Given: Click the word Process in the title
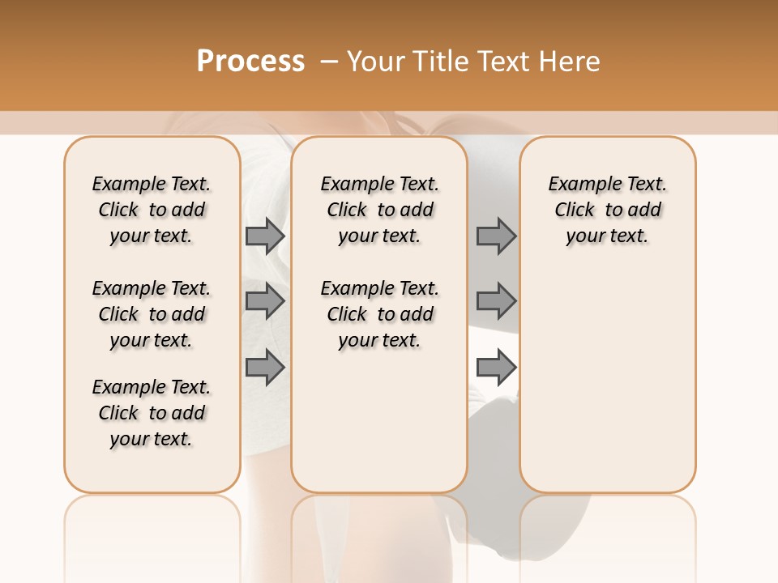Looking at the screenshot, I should [250, 62].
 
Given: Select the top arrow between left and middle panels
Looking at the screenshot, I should [265, 236].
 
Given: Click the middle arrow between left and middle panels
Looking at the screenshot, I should [265, 301].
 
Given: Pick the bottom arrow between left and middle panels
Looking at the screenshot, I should [265, 368].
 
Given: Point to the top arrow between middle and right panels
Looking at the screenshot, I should [496, 236].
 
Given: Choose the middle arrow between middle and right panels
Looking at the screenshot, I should [496, 301].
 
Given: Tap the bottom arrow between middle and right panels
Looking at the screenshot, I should [496, 368].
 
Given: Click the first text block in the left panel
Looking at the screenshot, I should [152, 210].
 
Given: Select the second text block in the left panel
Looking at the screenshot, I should [152, 314].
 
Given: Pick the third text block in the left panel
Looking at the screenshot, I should [152, 413].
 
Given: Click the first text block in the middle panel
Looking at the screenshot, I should [379, 210].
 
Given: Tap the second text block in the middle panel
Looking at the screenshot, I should [379, 314].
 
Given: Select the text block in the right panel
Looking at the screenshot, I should [607, 210].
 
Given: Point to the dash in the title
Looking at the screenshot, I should [329, 62].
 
